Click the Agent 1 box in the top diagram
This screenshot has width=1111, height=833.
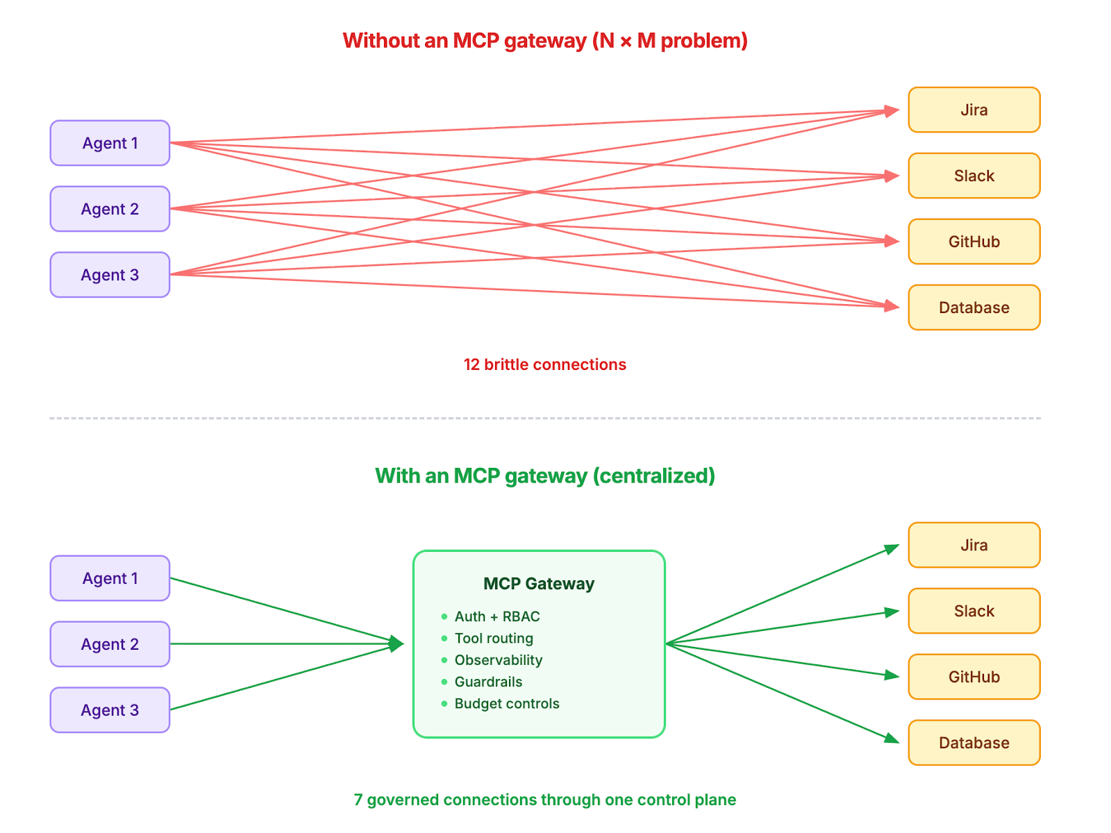[x=110, y=143]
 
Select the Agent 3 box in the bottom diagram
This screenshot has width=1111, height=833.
[x=110, y=710]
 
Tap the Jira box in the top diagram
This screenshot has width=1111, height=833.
[x=974, y=110]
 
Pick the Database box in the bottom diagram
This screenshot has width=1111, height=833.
[x=974, y=743]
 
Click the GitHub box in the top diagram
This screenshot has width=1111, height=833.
[x=974, y=242]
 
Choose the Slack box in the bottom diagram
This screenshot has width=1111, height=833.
[x=974, y=611]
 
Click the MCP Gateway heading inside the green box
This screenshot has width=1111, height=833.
[x=539, y=584]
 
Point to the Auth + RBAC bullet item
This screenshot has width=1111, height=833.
[x=496, y=616]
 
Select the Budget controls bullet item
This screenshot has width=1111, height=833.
[x=506, y=703]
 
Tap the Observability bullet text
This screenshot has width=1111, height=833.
[x=498, y=660]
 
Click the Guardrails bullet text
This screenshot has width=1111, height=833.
[x=488, y=682]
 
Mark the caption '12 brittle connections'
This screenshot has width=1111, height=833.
[x=544, y=364]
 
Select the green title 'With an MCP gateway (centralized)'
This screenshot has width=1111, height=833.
[x=544, y=476]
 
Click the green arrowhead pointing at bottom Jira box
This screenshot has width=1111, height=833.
[x=892, y=549]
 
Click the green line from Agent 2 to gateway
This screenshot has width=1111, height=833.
[x=278, y=644]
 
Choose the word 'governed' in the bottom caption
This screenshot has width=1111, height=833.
[x=403, y=800]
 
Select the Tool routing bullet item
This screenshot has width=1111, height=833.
[x=494, y=638]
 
